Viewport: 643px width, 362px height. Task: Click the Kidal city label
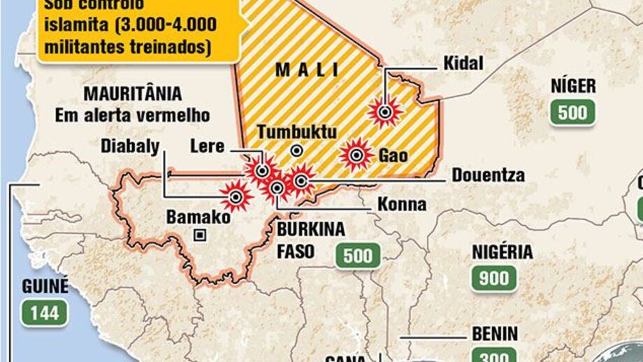coord(463,64)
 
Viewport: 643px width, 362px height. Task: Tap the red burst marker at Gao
coord(357,155)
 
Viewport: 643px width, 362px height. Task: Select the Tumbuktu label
coord(297,132)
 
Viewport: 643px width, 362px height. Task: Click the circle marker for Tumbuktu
coord(297,150)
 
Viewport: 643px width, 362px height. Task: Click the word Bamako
coord(198,217)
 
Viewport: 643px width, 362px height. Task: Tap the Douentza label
coord(488,175)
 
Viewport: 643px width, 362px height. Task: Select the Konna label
coord(402,205)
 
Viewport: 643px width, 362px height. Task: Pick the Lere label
coord(207,147)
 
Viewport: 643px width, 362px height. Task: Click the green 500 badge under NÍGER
coord(572,113)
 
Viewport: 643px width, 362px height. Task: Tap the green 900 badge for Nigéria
coord(494,279)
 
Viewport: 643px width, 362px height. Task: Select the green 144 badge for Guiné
coord(44,312)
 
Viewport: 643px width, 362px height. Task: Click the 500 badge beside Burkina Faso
coord(358,256)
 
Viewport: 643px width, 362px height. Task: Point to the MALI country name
coord(307,70)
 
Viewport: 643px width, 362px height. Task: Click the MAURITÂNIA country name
coord(132,94)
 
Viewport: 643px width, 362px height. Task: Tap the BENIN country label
coord(495,334)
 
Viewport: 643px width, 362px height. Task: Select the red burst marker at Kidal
coord(385,111)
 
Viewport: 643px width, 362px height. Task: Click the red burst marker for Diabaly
coord(236,196)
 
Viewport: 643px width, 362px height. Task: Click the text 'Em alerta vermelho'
coord(132,115)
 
